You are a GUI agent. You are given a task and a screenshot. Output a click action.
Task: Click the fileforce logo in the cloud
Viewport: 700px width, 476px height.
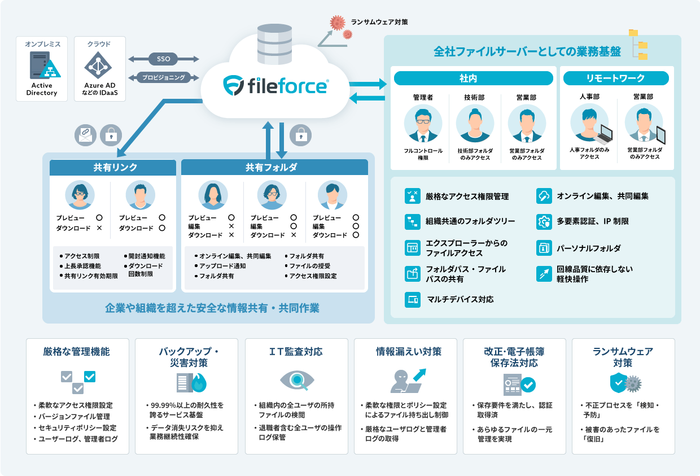tap(276, 85)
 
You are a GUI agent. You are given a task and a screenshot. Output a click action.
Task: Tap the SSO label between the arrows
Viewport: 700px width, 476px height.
tap(164, 59)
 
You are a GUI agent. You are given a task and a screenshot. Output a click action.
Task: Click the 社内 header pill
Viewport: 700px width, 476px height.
tap(473, 78)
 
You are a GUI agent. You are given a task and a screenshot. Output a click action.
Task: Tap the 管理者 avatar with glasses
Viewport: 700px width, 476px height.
tap(423, 124)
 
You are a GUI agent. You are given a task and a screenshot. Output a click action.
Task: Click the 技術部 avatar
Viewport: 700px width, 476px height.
tap(474, 124)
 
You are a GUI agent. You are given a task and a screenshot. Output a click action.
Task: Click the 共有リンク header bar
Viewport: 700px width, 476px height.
tap(115, 167)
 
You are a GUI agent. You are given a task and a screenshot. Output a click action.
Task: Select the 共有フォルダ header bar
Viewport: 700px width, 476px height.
tap(275, 167)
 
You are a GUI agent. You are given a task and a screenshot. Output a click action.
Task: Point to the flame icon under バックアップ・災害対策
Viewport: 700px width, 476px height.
tap(200, 383)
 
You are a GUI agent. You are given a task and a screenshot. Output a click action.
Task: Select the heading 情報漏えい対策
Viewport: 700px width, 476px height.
tap(405, 352)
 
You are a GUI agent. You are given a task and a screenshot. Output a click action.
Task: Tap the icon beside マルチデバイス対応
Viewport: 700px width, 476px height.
tap(412, 299)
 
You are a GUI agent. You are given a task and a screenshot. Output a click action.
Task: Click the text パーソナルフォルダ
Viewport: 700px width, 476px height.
tap(589, 248)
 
